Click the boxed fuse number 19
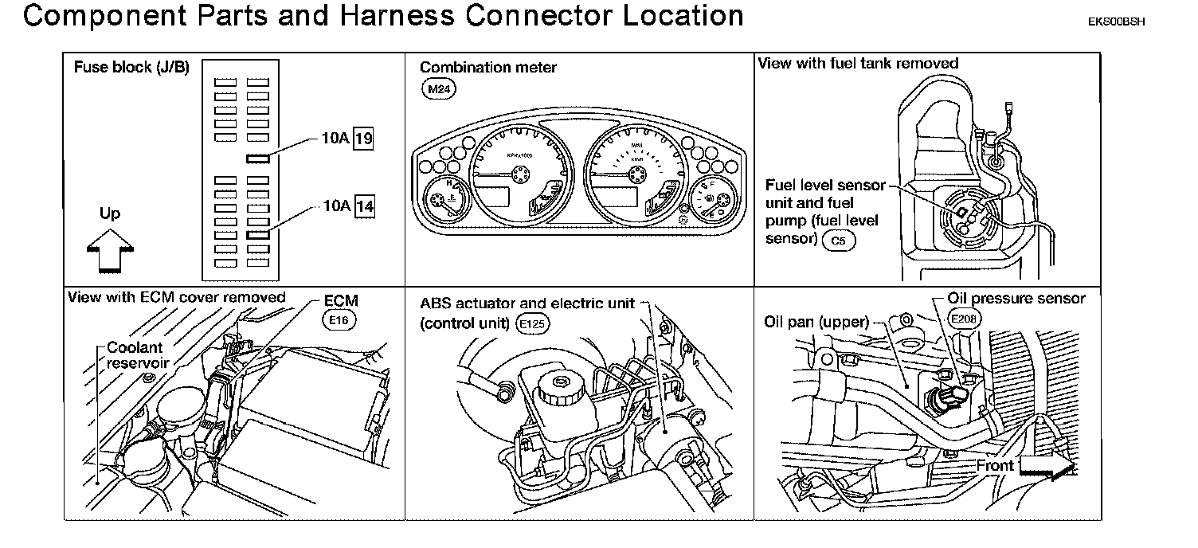click(x=364, y=139)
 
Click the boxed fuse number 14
click(x=364, y=206)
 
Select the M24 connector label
click(x=437, y=90)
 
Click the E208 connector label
click(x=965, y=318)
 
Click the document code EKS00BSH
click(x=1116, y=22)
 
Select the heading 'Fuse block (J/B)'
click(x=131, y=68)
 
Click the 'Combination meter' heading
click(x=488, y=68)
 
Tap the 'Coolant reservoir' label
click(x=135, y=354)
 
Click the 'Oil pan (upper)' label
click(x=815, y=323)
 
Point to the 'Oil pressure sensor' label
click(x=1016, y=299)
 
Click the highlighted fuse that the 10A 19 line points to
click(x=258, y=158)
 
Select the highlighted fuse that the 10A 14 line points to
click(x=258, y=235)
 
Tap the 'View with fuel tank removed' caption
click(x=858, y=63)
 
